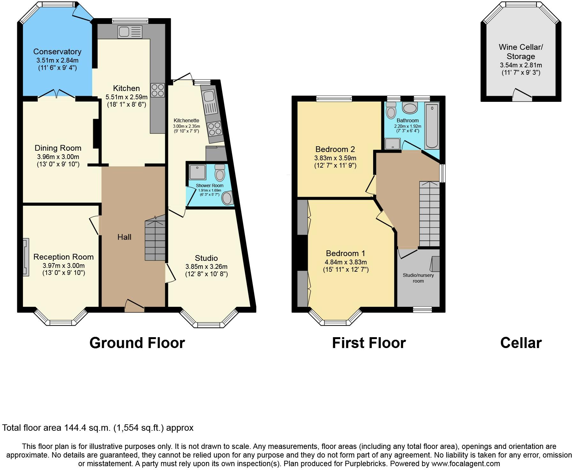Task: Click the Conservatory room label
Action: pos(57,52)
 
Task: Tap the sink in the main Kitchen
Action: pos(130,32)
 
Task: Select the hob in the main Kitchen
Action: pos(157,90)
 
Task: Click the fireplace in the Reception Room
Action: pos(26,257)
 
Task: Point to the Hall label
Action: pos(124,237)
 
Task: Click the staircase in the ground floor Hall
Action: pos(155,238)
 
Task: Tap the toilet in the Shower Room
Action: pos(220,173)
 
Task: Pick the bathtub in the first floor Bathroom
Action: pos(432,126)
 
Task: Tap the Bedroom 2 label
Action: pos(335,149)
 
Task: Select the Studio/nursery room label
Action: pos(418,278)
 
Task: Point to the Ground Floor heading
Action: pos(137,343)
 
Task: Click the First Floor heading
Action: pos(369,343)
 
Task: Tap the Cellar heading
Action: pos(521,343)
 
